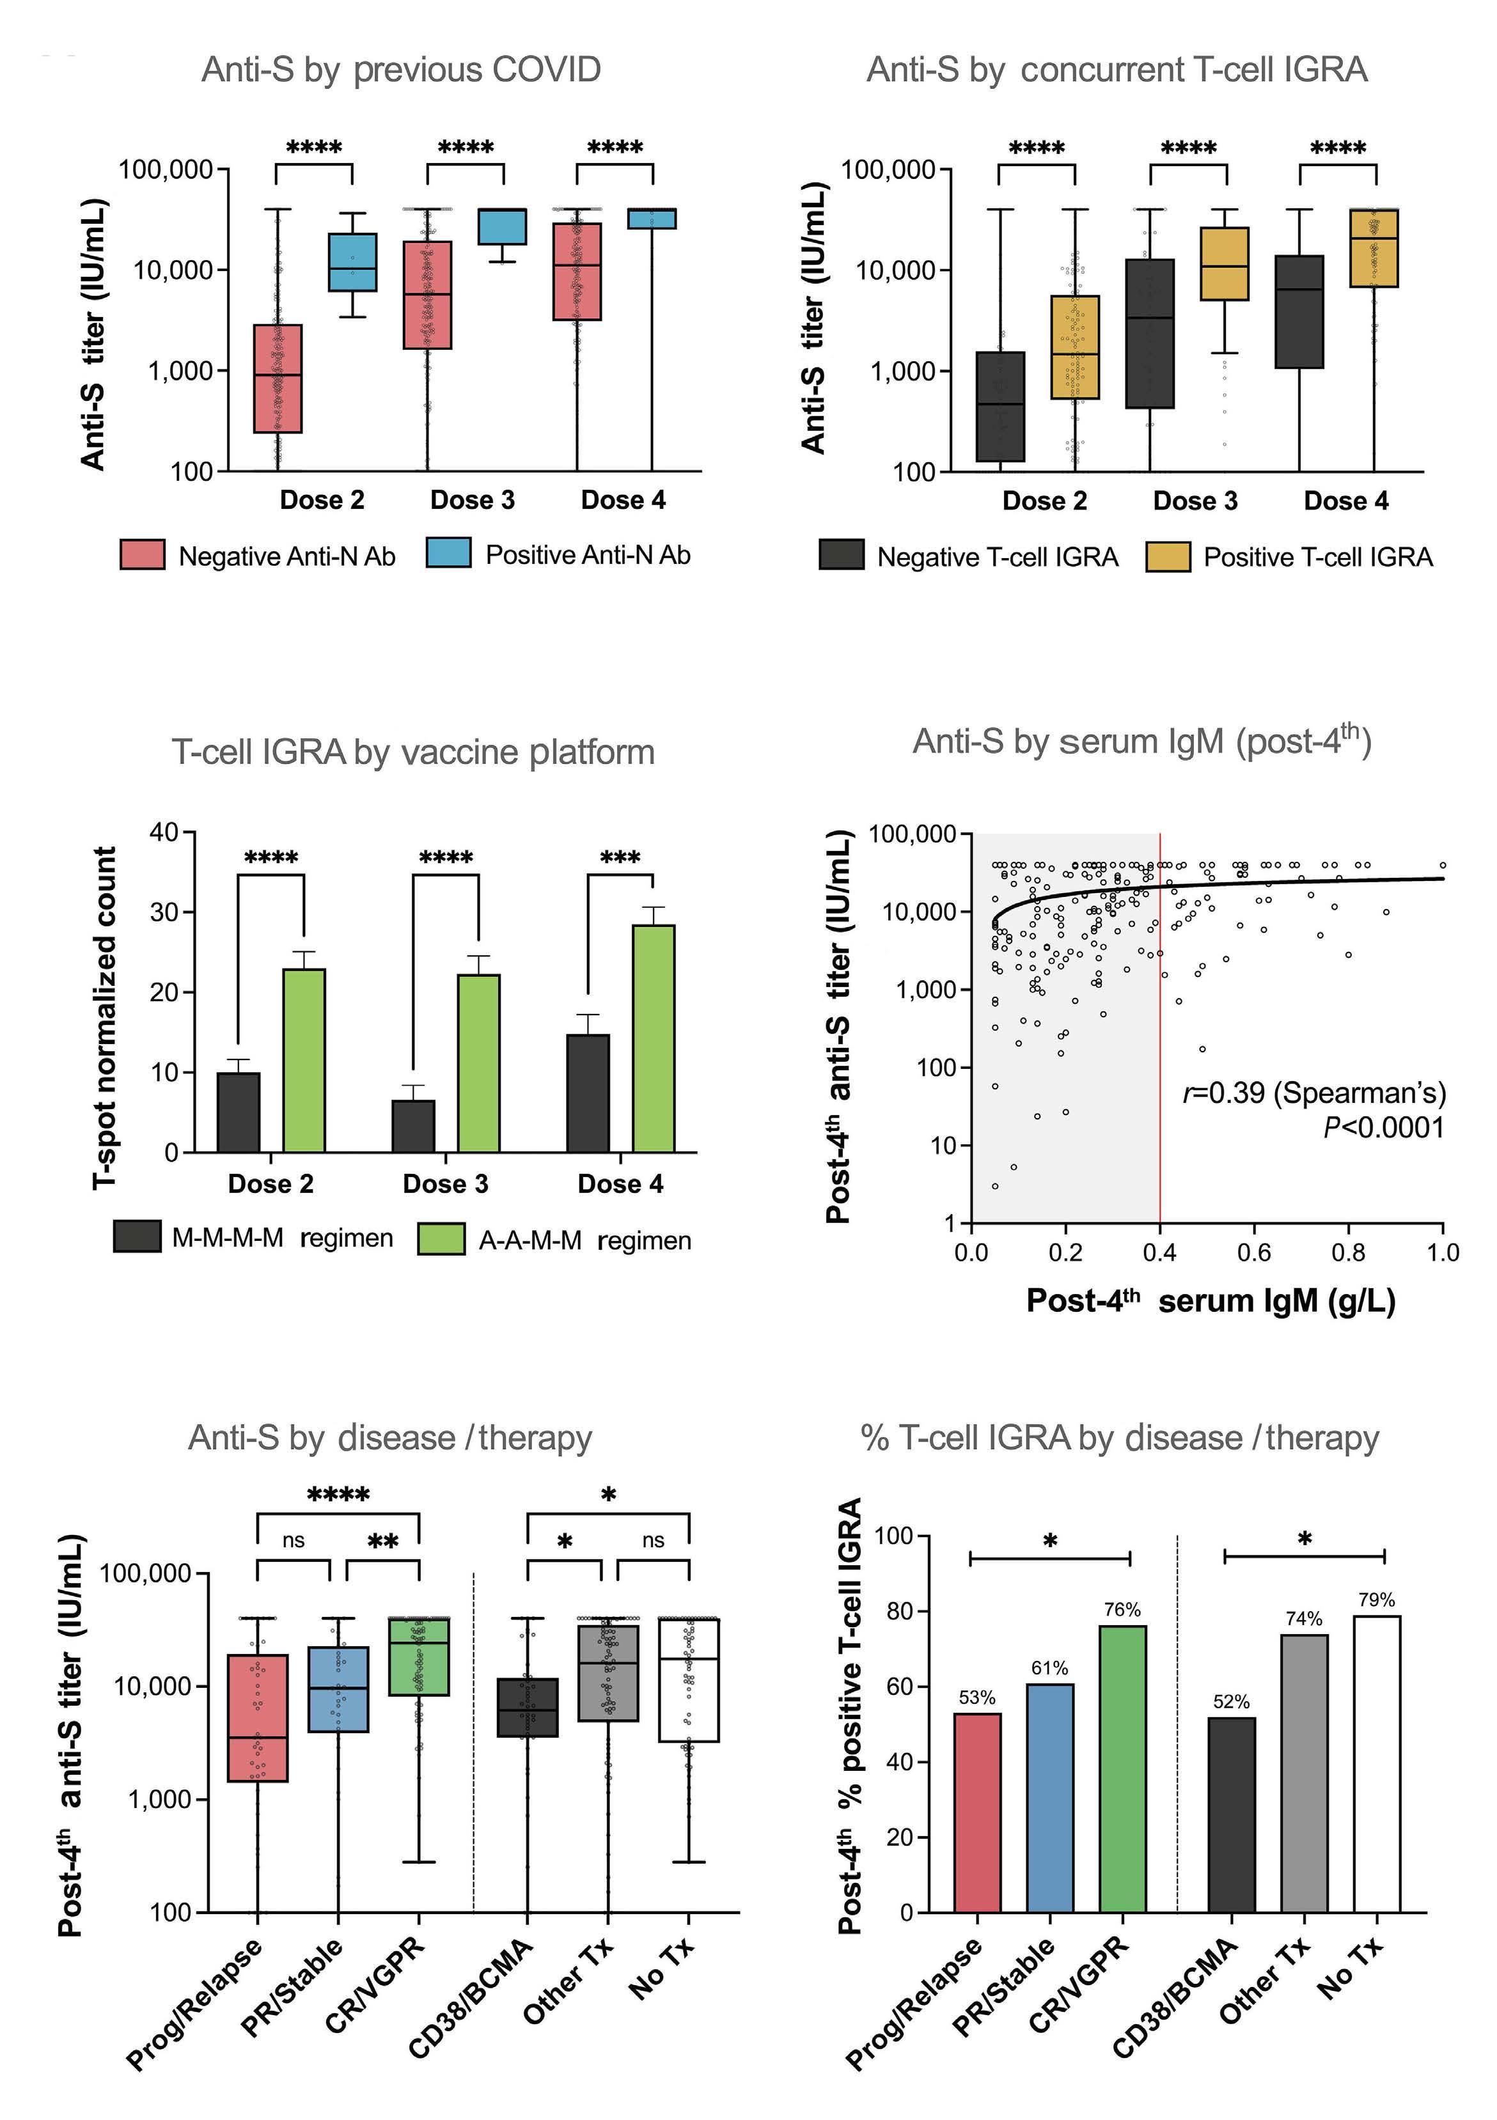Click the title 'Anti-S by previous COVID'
pos(401,70)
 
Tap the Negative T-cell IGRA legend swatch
pos(842,555)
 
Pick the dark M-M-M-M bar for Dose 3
pos(413,1126)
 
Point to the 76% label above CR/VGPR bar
pos(1122,1610)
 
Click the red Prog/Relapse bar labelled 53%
pos(977,1812)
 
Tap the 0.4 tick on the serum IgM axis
pos(1160,1253)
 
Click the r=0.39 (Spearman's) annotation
pos(1314,1093)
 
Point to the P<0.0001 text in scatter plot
pos(1383,1127)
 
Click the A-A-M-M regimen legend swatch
pos(441,1239)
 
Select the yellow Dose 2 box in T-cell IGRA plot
pos(1075,347)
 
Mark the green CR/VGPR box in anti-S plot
pos(419,1656)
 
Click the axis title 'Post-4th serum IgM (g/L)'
pos(1211,1301)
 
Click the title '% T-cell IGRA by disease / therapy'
pos(1119,1438)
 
